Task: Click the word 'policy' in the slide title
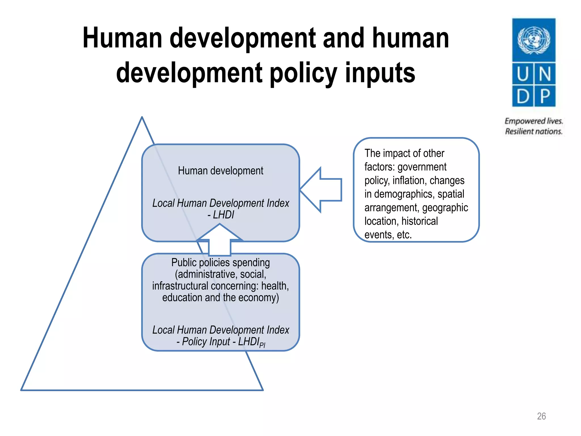(303, 73)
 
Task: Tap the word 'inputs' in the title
(380, 73)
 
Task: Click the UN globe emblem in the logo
(534, 40)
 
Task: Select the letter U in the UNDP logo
(523, 74)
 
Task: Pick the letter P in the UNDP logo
(545, 96)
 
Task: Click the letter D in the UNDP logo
(523, 96)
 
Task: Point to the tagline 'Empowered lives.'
(534, 121)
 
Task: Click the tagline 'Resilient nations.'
(533, 131)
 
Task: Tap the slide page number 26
(541, 416)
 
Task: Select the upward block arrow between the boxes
(220, 240)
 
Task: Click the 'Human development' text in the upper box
(220, 171)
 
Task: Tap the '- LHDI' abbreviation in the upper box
(221, 215)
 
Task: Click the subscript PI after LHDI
(262, 345)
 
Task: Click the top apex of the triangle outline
(142, 117)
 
